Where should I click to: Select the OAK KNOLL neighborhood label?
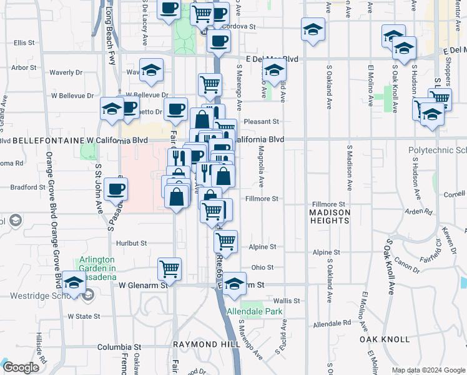(385, 339)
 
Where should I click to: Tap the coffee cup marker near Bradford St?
(116, 189)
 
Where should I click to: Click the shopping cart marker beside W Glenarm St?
(169, 269)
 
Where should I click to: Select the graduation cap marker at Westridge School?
(74, 283)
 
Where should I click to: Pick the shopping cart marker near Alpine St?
(225, 241)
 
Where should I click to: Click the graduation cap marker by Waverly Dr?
(150, 71)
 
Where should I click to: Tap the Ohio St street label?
(262, 267)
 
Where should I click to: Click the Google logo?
(21, 367)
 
